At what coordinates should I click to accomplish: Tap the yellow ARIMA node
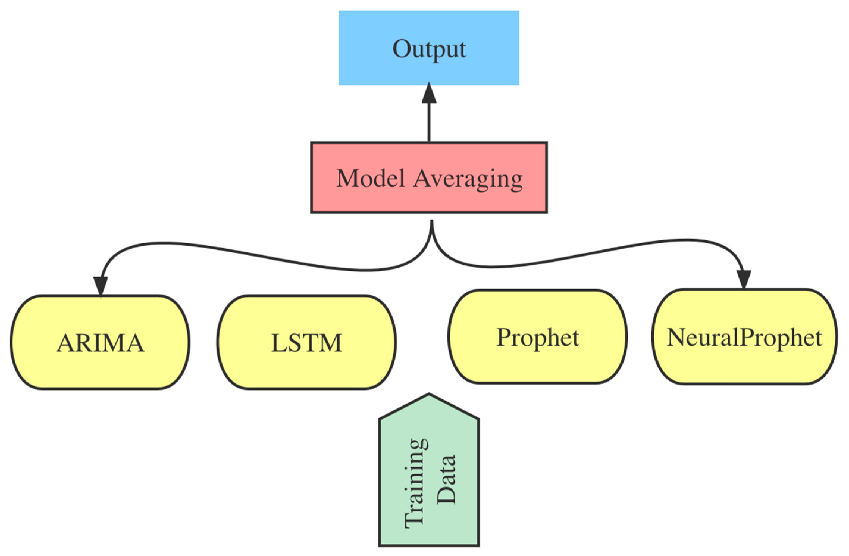100,343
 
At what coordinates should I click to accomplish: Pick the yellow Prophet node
538,337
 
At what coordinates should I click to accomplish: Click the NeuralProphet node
745,337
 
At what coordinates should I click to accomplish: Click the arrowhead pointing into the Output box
429,93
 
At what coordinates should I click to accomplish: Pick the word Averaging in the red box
468,178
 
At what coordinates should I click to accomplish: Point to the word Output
429,49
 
